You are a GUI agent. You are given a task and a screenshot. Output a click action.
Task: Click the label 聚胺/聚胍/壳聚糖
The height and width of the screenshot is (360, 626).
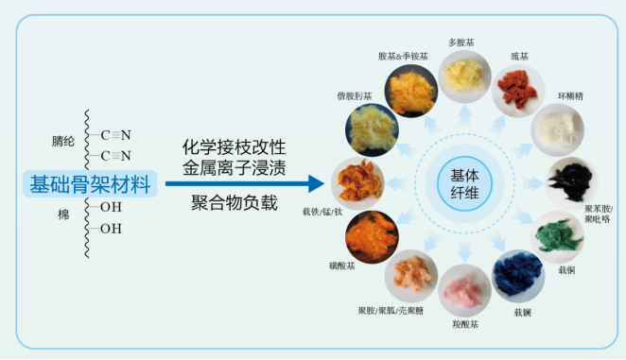[390, 311]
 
